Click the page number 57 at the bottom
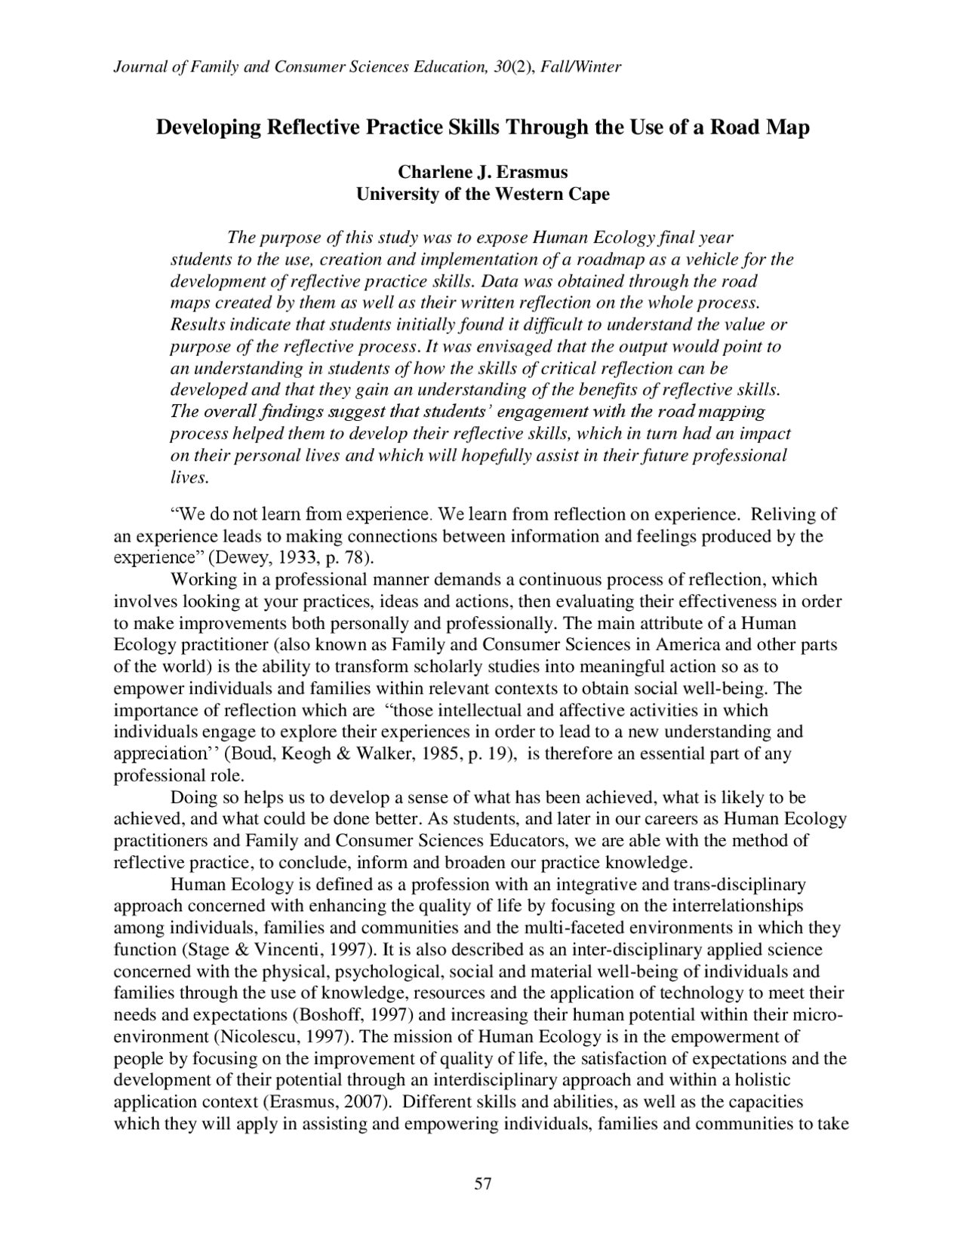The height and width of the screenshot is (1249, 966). point(482,1184)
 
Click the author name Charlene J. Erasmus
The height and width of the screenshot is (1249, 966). point(482,172)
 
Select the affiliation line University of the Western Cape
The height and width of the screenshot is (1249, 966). point(482,195)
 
